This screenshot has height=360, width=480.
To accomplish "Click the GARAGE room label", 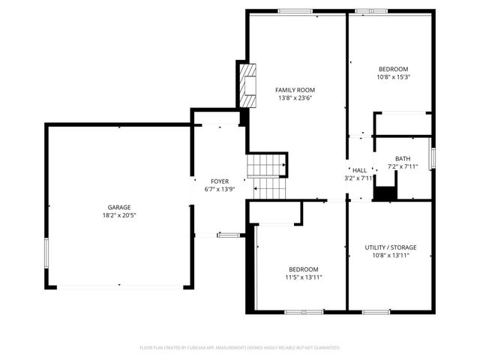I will [118, 207].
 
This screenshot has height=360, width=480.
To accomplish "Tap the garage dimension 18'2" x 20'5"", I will [118, 215].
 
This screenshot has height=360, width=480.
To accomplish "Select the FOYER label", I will [219, 181].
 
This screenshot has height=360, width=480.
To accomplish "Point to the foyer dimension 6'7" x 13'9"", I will [219, 190].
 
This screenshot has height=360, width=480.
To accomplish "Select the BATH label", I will [403, 158].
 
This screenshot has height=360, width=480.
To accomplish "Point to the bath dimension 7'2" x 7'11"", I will [403, 166].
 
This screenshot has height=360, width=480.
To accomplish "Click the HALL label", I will [360, 170].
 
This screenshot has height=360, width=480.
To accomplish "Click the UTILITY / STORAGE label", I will [390, 247].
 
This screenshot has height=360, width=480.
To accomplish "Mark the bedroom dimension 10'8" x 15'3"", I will [392, 76].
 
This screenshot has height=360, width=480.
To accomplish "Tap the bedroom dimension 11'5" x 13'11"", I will [304, 277].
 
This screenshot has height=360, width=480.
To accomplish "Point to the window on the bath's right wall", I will [432, 157].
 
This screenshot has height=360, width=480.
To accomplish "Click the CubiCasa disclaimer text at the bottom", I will [240, 348].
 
